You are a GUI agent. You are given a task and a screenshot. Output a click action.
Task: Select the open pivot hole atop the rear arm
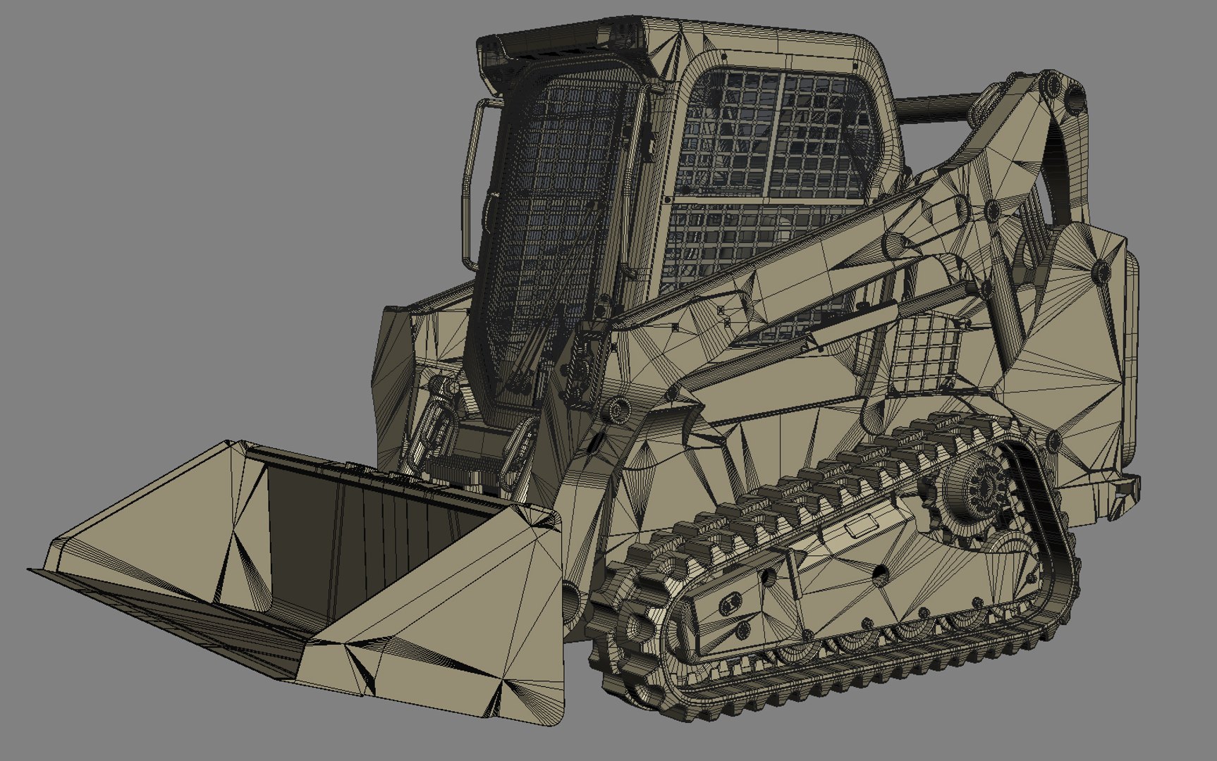click(x=1072, y=94)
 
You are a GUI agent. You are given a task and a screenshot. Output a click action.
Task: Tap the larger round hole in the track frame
click(x=880, y=576)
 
